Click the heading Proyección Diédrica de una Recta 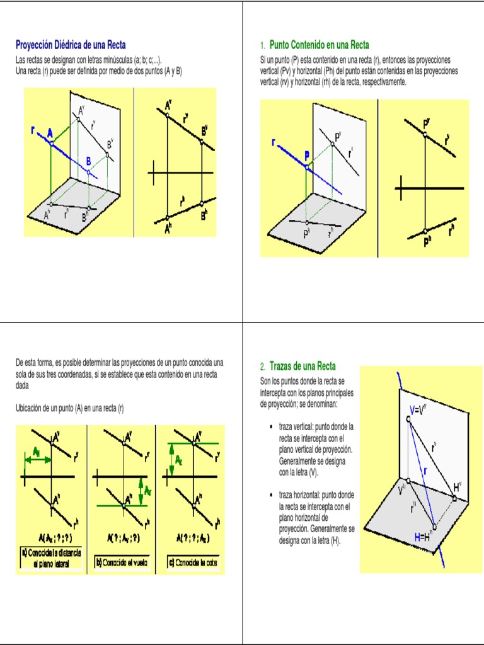click(71, 45)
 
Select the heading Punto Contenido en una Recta click(319, 45)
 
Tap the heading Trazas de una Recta click(302, 366)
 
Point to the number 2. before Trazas click(263, 367)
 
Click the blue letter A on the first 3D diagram click(50, 133)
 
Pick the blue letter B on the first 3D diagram click(89, 161)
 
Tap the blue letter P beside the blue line click(307, 155)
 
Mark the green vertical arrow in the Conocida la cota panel click(170, 460)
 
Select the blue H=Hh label click(422, 537)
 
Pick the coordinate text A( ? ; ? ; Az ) click(192, 539)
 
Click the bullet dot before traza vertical click(270, 427)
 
